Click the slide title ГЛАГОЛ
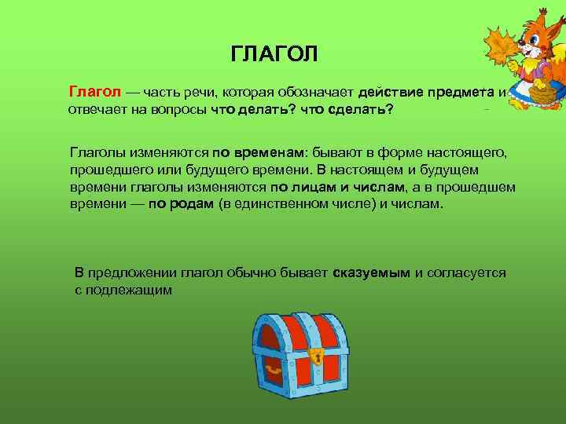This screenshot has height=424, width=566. pos(275,55)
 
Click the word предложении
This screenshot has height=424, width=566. pos(132,272)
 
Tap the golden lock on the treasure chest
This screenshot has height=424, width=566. pos(317,356)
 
